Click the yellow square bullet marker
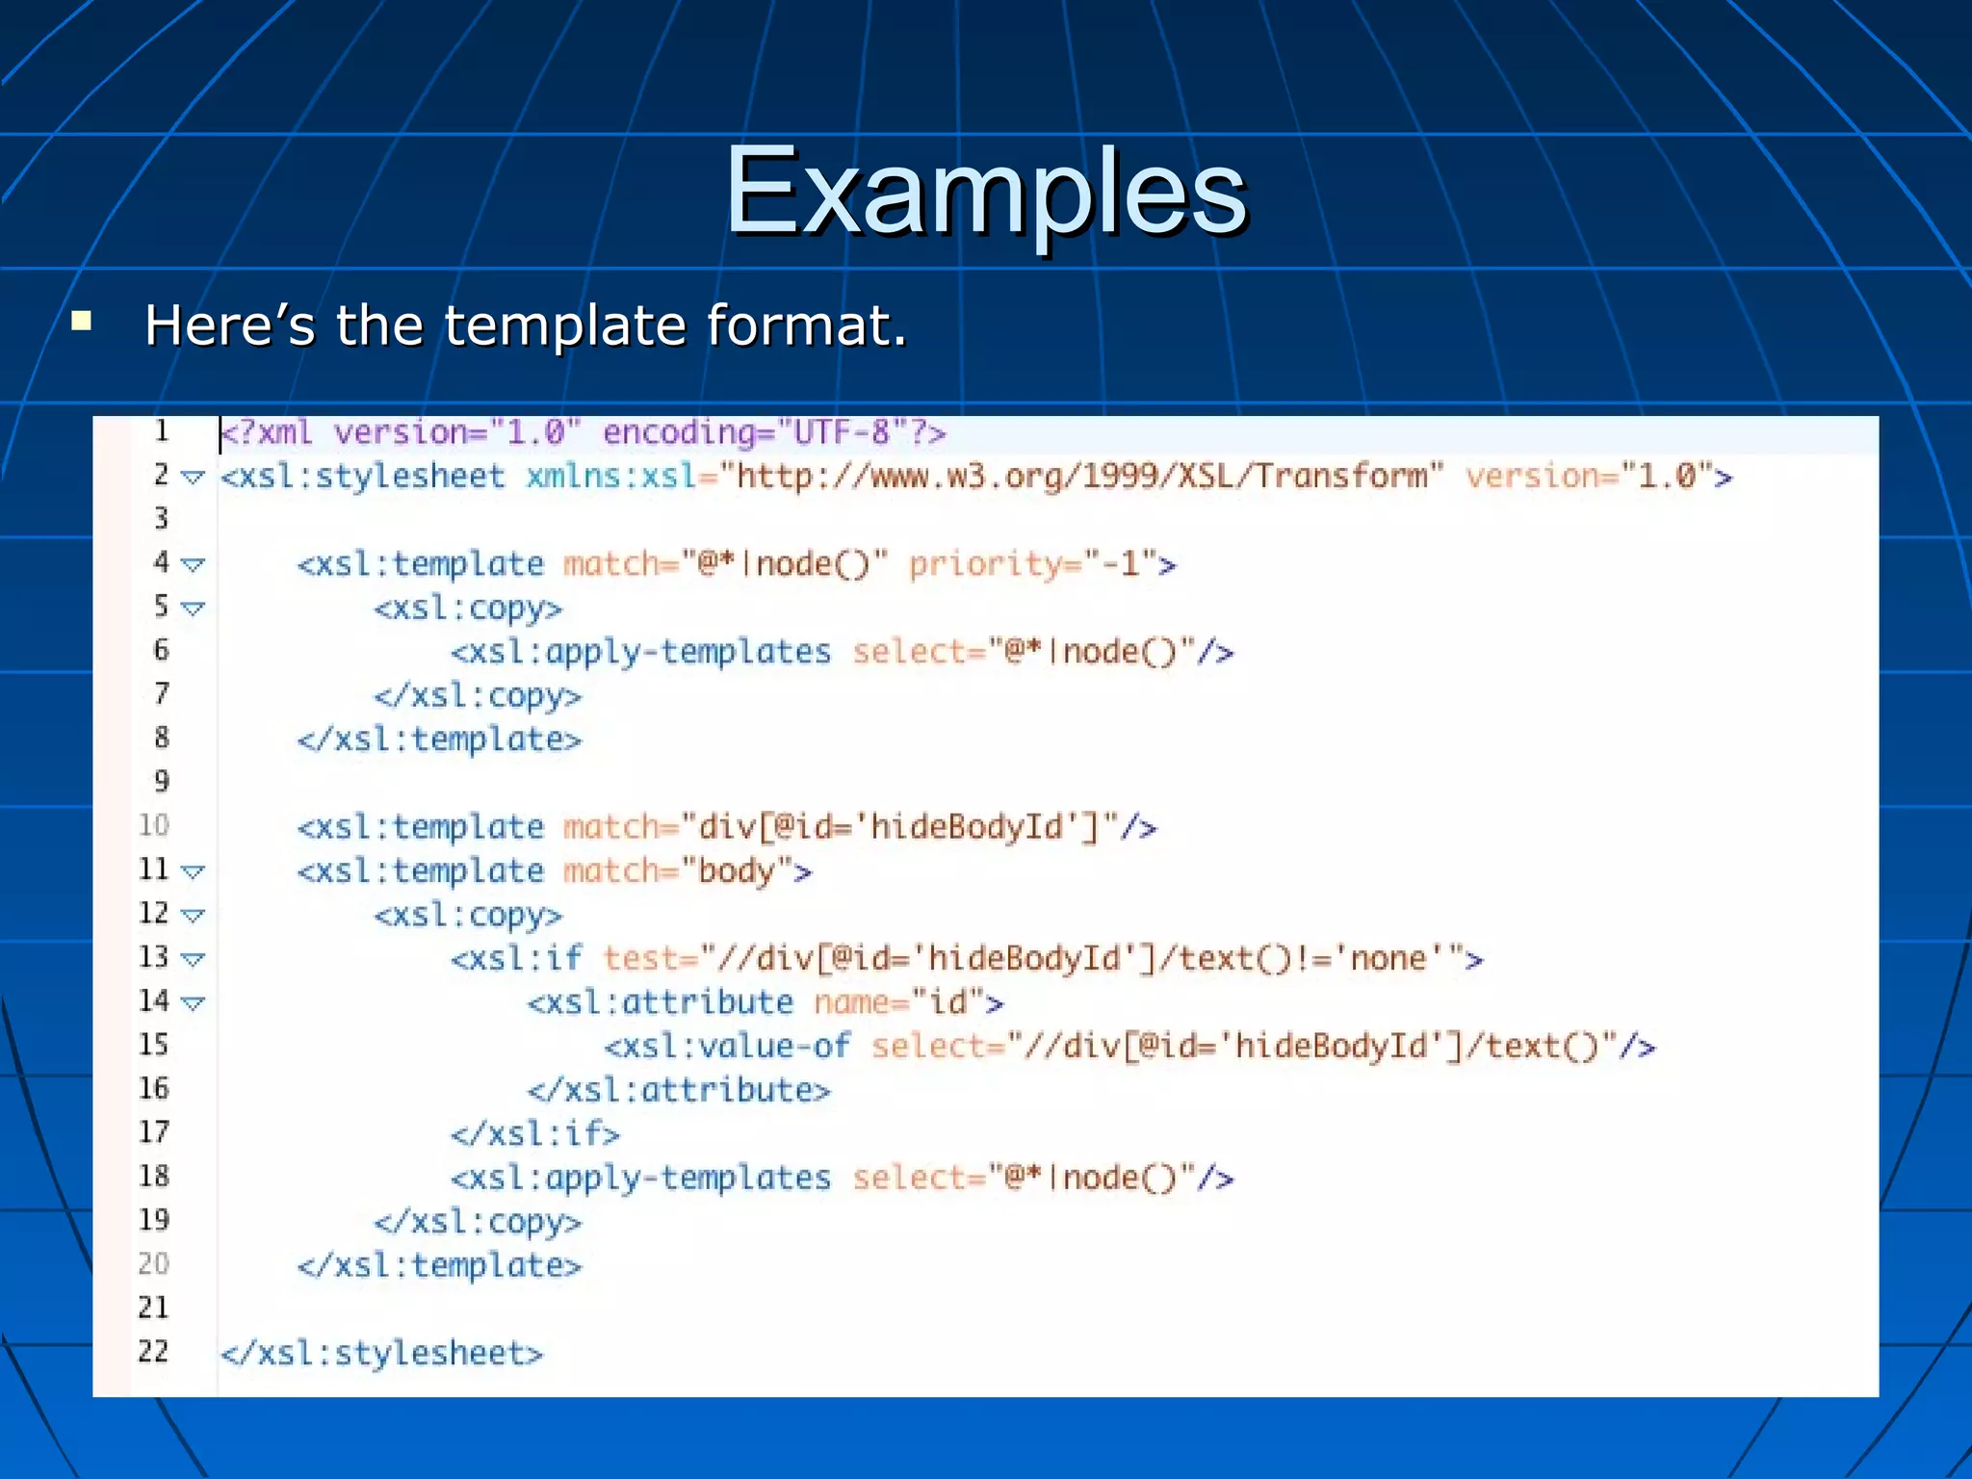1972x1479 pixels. coord(82,321)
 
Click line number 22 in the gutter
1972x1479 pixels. coord(153,1351)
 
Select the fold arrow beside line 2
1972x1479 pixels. coord(193,477)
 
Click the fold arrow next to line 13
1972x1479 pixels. coord(193,959)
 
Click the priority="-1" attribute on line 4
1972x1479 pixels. coord(1031,563)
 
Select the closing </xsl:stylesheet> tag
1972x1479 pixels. coord(382,1353)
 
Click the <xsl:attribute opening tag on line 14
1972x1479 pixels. coord(661,1002)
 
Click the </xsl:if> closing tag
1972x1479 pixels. coord(535,1133)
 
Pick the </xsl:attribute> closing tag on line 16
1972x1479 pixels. coord(679,1090)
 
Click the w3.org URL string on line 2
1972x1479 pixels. coord(1081,477)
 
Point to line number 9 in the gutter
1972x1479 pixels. coord(161,781)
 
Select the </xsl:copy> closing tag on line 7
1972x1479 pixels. coord(479,695)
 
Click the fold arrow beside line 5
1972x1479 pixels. coord(193,609)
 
